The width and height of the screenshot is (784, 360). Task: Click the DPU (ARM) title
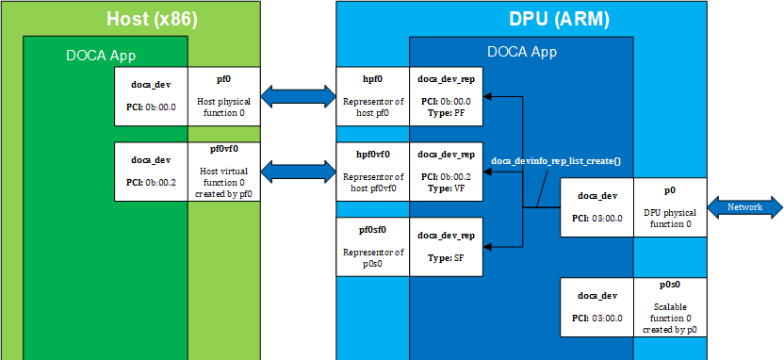[x=558, y=19]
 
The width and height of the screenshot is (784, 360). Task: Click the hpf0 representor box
[x=373, y=95]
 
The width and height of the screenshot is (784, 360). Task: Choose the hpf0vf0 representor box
[x=373, y=171]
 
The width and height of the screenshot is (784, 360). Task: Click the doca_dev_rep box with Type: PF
[x=446, y=95]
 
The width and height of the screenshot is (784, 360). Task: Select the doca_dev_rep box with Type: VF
[x=446, y=171]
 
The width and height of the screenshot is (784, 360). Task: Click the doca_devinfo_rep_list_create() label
[x=556, y=161]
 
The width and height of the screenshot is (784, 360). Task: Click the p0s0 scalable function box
[x=669, y=307]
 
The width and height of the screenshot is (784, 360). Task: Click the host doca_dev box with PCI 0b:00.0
[x=150, y=95]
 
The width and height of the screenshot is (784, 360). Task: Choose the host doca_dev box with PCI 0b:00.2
[x=150, y=171]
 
